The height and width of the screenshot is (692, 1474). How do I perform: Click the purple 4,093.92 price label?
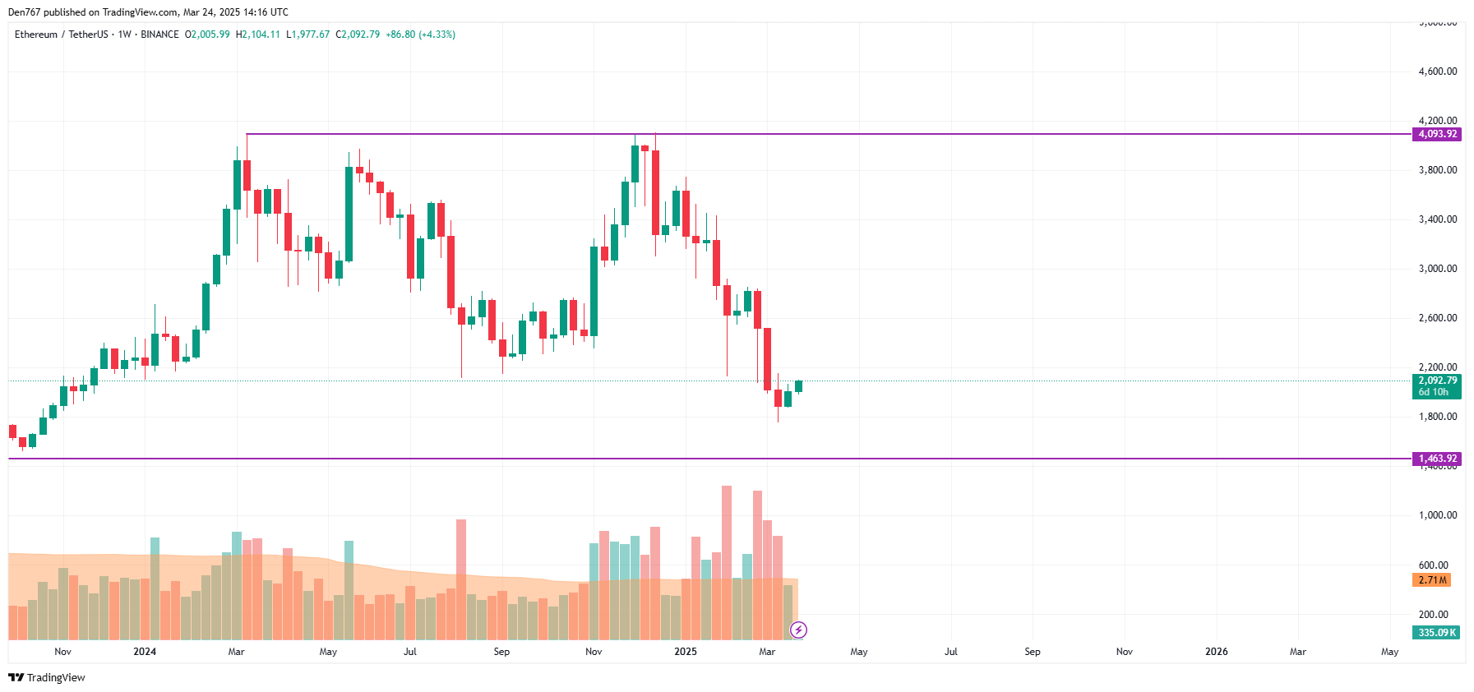pos(1437,134)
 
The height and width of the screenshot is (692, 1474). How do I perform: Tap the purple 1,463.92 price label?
pos(1437,459)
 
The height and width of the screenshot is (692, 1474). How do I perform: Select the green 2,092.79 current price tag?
pos(1437,381)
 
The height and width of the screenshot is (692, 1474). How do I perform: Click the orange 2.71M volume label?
pos(1432,580)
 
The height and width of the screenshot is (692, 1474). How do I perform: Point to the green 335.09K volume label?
pos(1437,633)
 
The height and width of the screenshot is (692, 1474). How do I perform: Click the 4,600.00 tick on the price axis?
pos(1437,72)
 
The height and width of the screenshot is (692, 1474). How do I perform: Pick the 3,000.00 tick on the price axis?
pos(1437,269)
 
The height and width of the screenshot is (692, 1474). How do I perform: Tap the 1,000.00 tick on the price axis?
pos(1437,515)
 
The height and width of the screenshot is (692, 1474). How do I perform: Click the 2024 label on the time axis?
pos(145,652)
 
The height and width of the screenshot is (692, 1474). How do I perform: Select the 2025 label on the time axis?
pos(685,652)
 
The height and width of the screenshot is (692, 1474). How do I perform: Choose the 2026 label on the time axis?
pos(1216,652)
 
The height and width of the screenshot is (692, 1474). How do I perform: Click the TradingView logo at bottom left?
pos(47,677)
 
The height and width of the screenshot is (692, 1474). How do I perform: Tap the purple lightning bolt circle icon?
pos(798,630)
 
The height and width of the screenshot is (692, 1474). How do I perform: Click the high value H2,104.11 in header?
pos(258,35)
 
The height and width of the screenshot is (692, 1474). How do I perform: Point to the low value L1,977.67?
pos(307,35)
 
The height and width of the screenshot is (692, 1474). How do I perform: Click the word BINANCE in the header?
pos(159,35)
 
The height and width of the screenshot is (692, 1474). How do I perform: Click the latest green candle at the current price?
pos(798,386)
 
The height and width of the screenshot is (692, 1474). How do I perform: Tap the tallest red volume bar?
pos(727,562)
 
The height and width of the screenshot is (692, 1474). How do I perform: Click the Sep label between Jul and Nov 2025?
pos(1033,652)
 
